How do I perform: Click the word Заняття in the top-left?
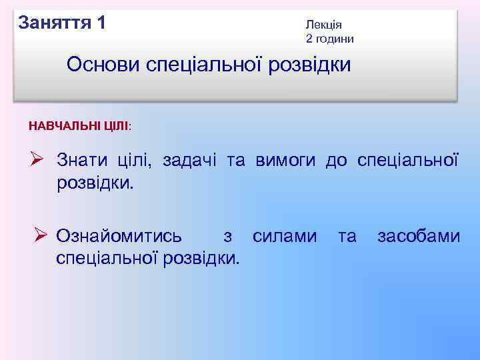click(x=55, y=23)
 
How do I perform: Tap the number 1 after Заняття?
click(x=101, y=23)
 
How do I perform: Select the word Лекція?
click(x=323, y=25)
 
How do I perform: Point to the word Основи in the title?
click(x=101, y=65)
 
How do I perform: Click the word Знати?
click(x=81, y=160)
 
